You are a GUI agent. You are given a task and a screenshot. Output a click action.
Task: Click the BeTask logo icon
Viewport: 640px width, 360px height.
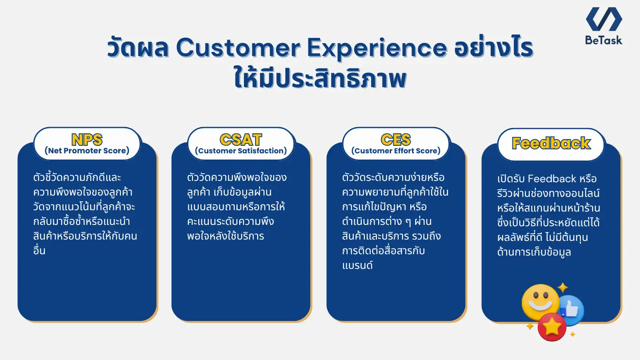(604, 19)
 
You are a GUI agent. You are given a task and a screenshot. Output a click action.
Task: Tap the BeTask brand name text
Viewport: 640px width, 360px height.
(604, 40)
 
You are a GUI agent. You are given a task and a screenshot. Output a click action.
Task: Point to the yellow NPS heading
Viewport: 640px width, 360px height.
(87, 140)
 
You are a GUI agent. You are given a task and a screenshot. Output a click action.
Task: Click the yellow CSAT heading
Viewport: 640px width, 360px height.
(241, 140)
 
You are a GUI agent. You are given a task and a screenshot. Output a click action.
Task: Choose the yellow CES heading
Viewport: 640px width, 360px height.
(396, 140)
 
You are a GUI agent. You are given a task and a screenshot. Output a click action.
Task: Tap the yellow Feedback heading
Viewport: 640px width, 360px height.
(551, 143)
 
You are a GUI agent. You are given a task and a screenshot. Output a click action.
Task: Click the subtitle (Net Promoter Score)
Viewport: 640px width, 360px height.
(87, 151)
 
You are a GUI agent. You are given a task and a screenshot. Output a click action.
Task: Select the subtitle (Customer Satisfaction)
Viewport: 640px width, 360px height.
(241, 151)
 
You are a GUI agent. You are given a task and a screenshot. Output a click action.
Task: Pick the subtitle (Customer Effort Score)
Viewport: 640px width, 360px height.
(396, 151)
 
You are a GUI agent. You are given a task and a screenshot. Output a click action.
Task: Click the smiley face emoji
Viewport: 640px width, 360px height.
(540, 302)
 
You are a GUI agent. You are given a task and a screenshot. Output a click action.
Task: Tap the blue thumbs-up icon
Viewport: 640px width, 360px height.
(570, 310)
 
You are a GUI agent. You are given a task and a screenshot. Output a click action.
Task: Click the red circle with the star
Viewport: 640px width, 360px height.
(552, 327)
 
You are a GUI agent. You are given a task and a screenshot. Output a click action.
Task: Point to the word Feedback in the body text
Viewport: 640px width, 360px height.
(552, 179)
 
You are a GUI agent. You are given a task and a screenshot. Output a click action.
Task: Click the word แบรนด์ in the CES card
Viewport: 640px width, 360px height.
(357, 266)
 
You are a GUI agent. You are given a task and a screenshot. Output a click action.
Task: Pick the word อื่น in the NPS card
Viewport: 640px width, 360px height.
(39, 251)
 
